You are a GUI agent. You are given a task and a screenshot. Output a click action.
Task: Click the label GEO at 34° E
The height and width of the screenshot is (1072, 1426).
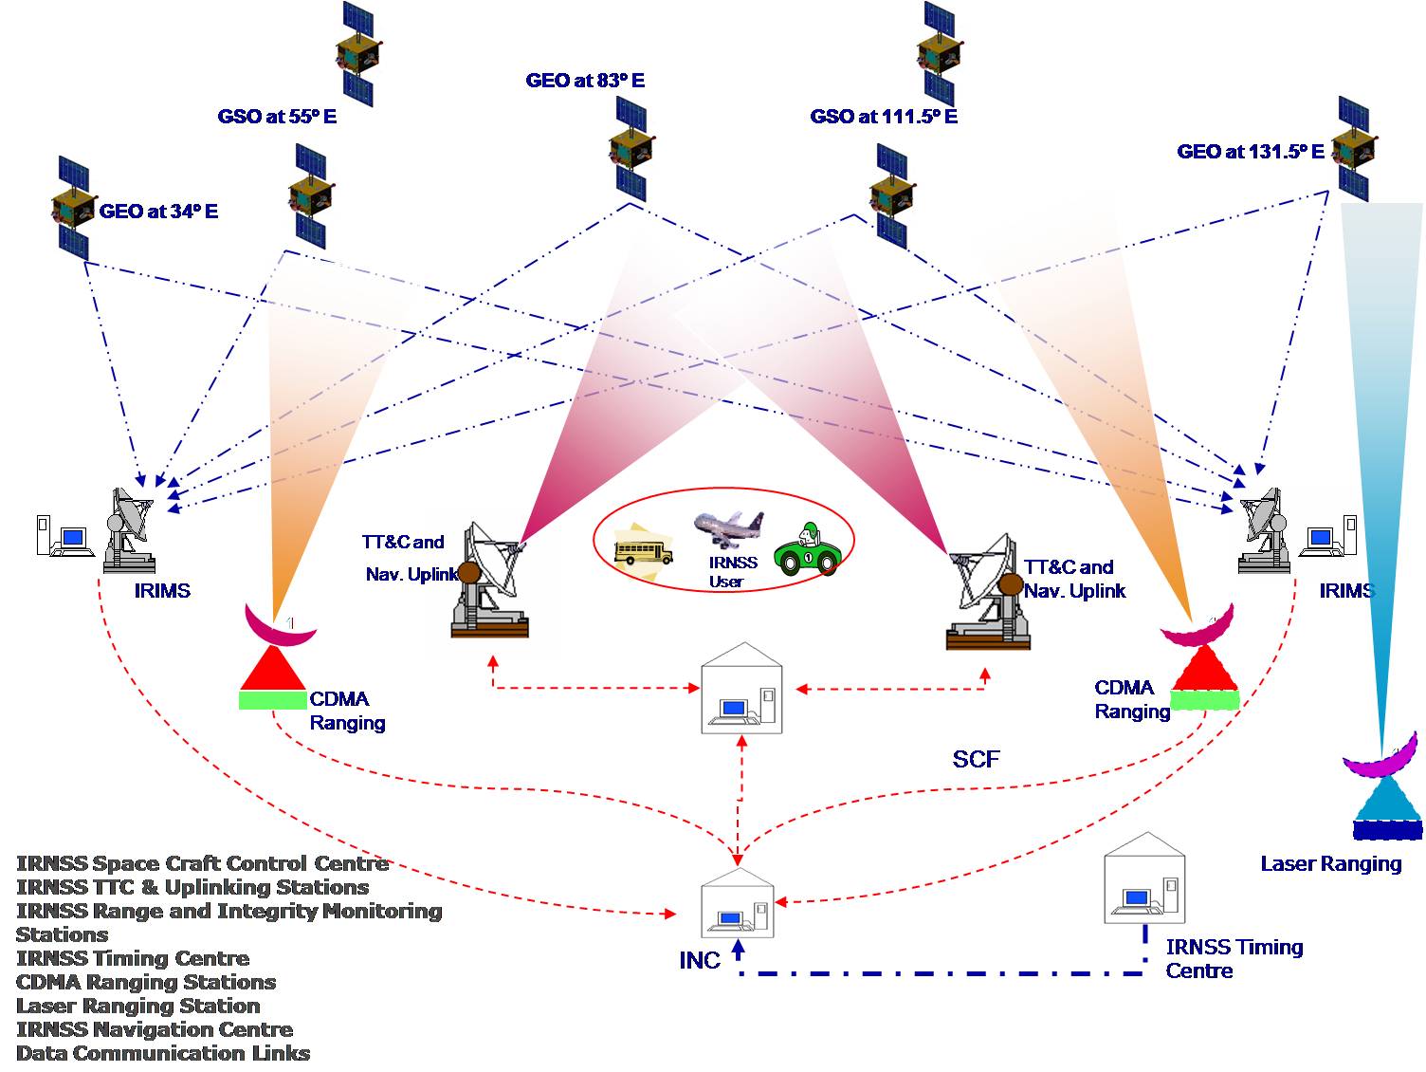click(158, 212)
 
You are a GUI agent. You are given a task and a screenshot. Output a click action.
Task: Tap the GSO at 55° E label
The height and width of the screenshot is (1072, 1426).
click(277, 117)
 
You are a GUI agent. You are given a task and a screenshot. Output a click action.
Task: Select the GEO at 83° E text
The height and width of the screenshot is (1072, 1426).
click(585, 81)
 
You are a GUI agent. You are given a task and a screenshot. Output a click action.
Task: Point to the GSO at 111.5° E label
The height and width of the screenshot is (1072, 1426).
click(884, 117)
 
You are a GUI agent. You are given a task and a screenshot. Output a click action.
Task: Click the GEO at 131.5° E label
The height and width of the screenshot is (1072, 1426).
click(1251, 152)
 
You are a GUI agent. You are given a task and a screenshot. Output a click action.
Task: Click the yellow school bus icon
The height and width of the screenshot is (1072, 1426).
click(643, 548)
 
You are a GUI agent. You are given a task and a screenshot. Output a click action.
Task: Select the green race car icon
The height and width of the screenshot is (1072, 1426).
click(808, 551)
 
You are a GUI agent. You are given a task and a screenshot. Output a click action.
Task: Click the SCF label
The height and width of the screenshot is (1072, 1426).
click(976, 759)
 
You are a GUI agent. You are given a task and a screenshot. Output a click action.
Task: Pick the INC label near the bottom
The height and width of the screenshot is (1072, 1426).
click(700, 961)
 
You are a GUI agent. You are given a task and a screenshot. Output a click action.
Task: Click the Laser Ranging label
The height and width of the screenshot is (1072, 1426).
click(1330, 863)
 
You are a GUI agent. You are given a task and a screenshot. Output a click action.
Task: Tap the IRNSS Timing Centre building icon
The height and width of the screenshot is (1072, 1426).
click(1144, 880)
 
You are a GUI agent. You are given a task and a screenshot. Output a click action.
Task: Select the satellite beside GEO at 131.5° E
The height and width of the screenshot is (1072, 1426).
click(1354, 149)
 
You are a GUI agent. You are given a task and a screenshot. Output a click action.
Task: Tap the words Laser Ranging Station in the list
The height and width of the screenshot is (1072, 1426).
click(138, 1007)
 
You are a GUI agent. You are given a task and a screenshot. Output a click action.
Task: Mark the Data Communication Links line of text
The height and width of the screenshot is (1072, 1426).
click(163, 1053)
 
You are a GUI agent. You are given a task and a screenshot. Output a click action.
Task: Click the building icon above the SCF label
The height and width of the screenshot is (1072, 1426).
click(742, 689)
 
